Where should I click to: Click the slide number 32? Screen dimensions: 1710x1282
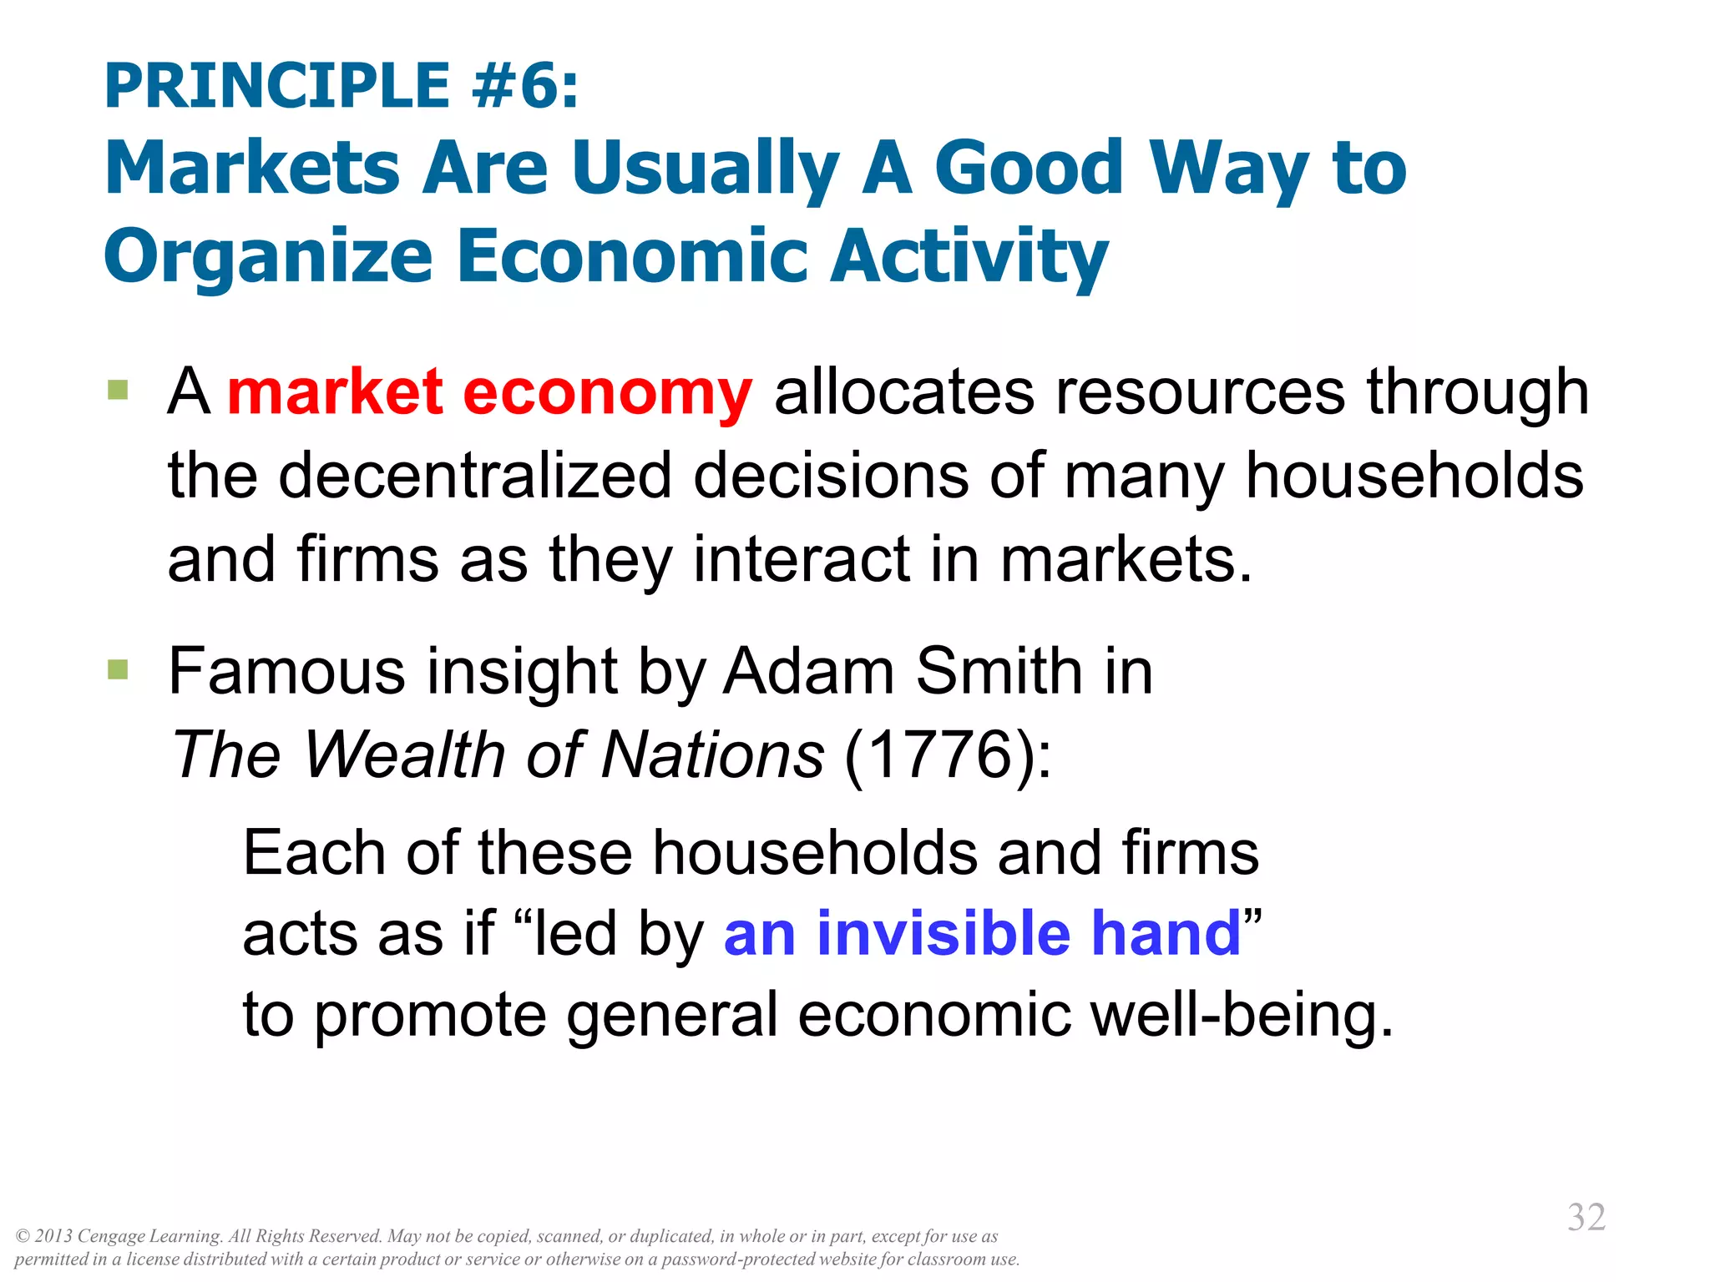(x=1586, y=1217)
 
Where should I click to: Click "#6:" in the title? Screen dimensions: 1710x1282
(x=524, y=86)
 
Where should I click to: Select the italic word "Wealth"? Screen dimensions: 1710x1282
(x=404, y=755)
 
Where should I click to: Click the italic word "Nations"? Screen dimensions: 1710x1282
(x=713, y=755)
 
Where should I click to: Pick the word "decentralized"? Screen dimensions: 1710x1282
(x=475, y=476)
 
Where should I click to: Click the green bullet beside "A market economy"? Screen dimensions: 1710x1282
(x=118, y=390)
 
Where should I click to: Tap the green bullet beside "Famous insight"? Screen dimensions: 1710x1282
(x=118, y=669)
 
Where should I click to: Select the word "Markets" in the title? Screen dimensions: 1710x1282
(x=253, y=168)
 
